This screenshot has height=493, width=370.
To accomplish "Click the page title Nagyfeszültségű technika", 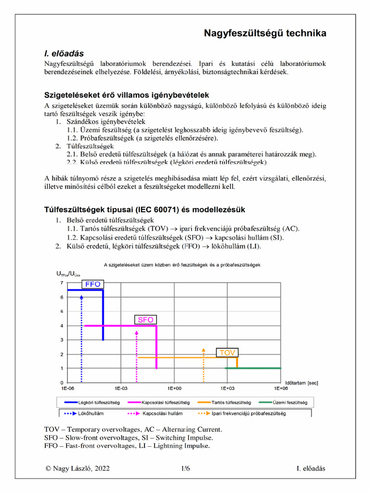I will pos(265,33).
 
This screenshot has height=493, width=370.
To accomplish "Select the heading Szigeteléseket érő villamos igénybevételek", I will pos(127,95).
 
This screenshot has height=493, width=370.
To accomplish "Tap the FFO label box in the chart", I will pos(92,284).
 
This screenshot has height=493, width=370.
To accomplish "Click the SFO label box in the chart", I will pos(145,320).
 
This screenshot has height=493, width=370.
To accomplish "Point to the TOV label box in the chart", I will pos(227,353).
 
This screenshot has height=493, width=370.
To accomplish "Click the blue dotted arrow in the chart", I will pos(81,337).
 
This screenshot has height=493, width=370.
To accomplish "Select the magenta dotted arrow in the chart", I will pos(137,356).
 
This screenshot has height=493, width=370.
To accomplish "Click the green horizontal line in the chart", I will pos(253,368).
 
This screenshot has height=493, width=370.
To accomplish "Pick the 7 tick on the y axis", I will pos(61,283).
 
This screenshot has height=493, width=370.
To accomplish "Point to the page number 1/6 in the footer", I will pos(185,468).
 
